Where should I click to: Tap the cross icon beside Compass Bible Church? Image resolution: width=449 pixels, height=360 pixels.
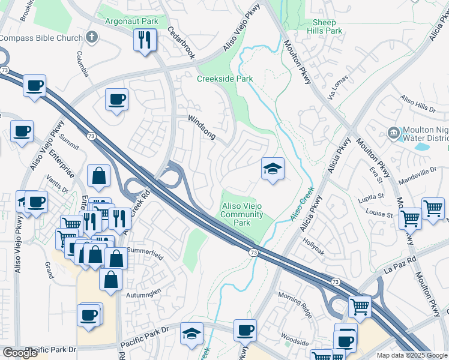[92, 38]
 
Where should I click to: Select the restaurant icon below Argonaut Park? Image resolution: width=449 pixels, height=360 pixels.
[145, 41]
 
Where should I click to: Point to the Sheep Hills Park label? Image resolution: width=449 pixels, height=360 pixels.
[325, 26]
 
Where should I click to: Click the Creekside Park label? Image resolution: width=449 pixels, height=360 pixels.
[225, 79]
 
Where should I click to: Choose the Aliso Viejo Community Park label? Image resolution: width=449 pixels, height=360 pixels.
[241, 214]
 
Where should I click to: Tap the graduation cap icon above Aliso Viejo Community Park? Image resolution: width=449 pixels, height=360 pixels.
[272, 170]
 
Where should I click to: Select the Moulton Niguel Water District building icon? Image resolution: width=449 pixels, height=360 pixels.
[393, 132]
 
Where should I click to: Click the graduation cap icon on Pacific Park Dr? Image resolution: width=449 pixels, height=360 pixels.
[192, 334]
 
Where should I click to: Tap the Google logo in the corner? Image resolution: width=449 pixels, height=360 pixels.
[20, 353]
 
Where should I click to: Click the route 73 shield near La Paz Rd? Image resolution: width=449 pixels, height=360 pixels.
[335, 281]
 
